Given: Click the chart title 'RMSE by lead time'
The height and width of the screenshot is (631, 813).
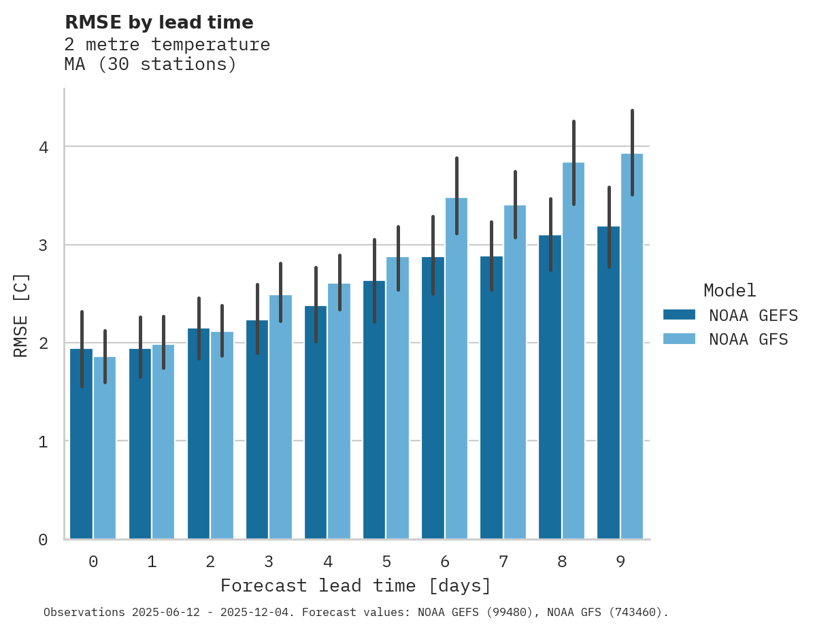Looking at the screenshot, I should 159,22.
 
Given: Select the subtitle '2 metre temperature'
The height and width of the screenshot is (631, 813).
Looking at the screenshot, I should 167,45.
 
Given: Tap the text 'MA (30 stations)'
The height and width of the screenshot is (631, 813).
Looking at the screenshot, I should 150,65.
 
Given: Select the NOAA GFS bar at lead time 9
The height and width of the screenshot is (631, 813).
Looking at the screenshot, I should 632,347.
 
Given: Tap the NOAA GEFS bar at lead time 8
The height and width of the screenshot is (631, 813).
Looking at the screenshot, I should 550,388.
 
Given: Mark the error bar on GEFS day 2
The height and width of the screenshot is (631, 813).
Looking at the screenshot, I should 199,328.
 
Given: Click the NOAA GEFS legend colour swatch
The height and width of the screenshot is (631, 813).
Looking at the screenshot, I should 679,315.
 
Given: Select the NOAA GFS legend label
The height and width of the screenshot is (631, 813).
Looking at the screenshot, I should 748,339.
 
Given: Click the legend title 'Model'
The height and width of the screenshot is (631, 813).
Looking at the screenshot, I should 729,290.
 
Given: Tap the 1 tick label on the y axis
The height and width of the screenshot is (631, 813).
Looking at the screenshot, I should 43,441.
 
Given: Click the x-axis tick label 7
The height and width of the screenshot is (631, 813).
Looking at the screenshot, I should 503,562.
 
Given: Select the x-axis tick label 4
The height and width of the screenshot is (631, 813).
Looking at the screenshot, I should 328,562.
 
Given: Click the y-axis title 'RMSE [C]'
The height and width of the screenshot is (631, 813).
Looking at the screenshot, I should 21,315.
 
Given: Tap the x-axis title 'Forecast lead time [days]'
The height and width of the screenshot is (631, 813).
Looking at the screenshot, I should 355,585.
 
